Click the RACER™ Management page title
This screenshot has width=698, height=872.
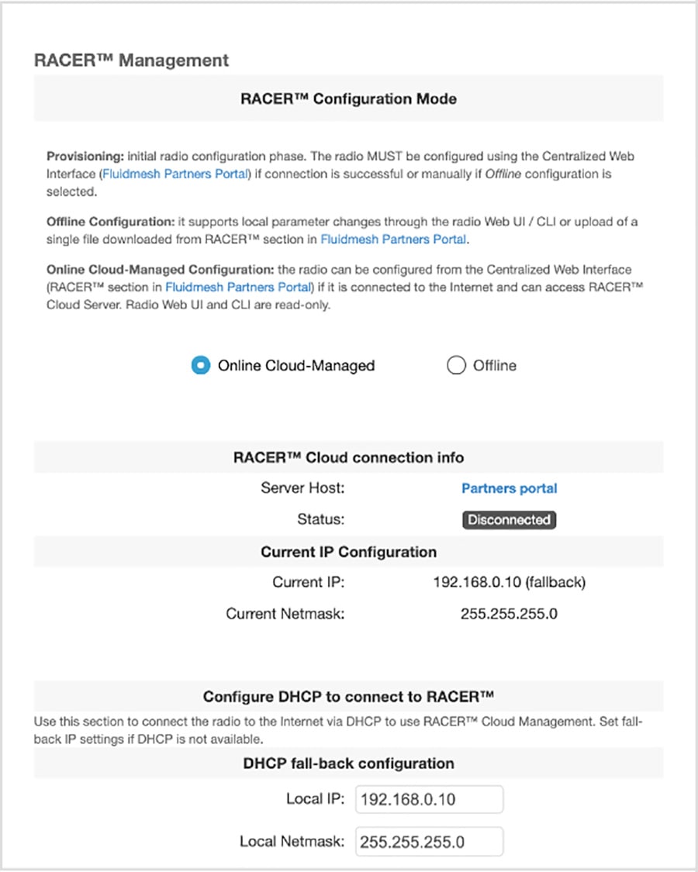131,60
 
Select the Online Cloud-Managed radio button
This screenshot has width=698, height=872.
200,365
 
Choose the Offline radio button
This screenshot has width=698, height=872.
456,365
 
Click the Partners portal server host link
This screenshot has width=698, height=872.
509,488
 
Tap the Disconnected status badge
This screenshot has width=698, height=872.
509,520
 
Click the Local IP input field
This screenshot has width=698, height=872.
429,799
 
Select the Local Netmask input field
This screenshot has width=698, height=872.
429,841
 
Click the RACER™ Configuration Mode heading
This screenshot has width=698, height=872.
348,99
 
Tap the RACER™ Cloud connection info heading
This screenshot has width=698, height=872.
348,457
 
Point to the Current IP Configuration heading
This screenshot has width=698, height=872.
348,552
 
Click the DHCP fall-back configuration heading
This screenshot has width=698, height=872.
348,763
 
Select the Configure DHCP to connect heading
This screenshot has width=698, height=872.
348,696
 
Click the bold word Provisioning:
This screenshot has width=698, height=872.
85,156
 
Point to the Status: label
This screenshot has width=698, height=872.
321,520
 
